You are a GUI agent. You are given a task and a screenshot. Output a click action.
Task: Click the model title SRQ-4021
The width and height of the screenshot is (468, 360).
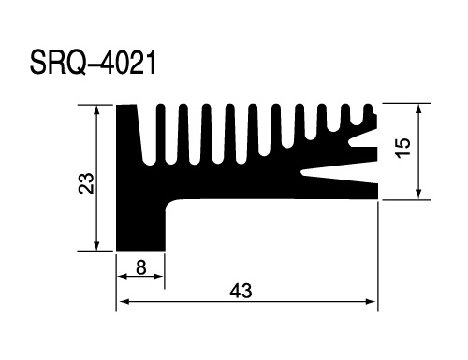(93, 64)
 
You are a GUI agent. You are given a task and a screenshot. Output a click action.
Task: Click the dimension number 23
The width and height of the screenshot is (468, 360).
(86, 183)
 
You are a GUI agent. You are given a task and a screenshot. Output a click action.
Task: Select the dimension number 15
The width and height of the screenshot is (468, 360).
(403, 148)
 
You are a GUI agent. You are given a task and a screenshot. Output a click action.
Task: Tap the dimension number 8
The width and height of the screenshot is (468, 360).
(141, 267)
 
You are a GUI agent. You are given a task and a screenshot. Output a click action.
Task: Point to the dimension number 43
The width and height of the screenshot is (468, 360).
(241, 291)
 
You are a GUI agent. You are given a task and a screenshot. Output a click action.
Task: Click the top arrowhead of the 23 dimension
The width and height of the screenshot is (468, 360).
(96, 109)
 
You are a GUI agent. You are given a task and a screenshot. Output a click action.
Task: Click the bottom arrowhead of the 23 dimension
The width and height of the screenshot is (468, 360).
(96, 246)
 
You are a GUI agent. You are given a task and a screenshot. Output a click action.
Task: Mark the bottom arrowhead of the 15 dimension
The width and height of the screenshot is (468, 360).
(419, 194)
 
